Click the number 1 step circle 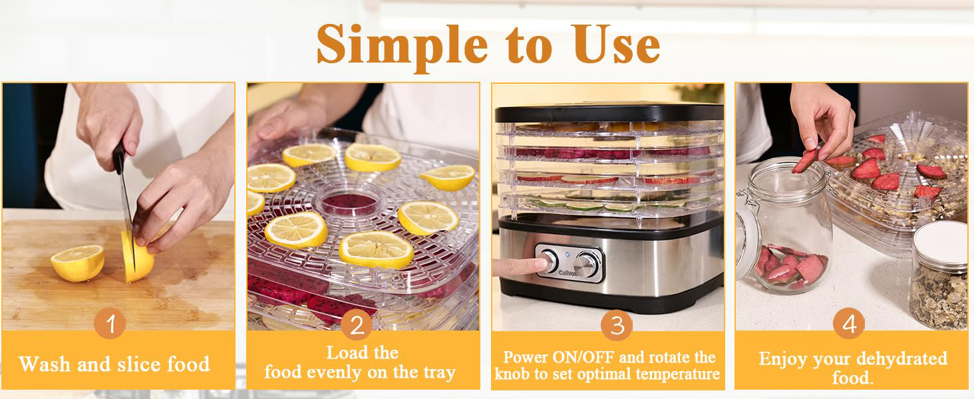click(x=110, y=323)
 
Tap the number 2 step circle click(x=357, y=325)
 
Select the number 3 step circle click(x=617, y=325)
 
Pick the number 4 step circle click(x=849, y=323)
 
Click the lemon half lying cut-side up click(x=78, y=263)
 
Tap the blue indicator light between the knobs click(x=567, y=255)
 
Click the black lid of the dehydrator click(x=609, y=112)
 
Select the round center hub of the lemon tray click(x=349, y=202)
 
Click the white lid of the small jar click(x=941, y=243)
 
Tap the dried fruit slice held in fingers click(x=804, y=160)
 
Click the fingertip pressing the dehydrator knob click(x=539, y=263)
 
